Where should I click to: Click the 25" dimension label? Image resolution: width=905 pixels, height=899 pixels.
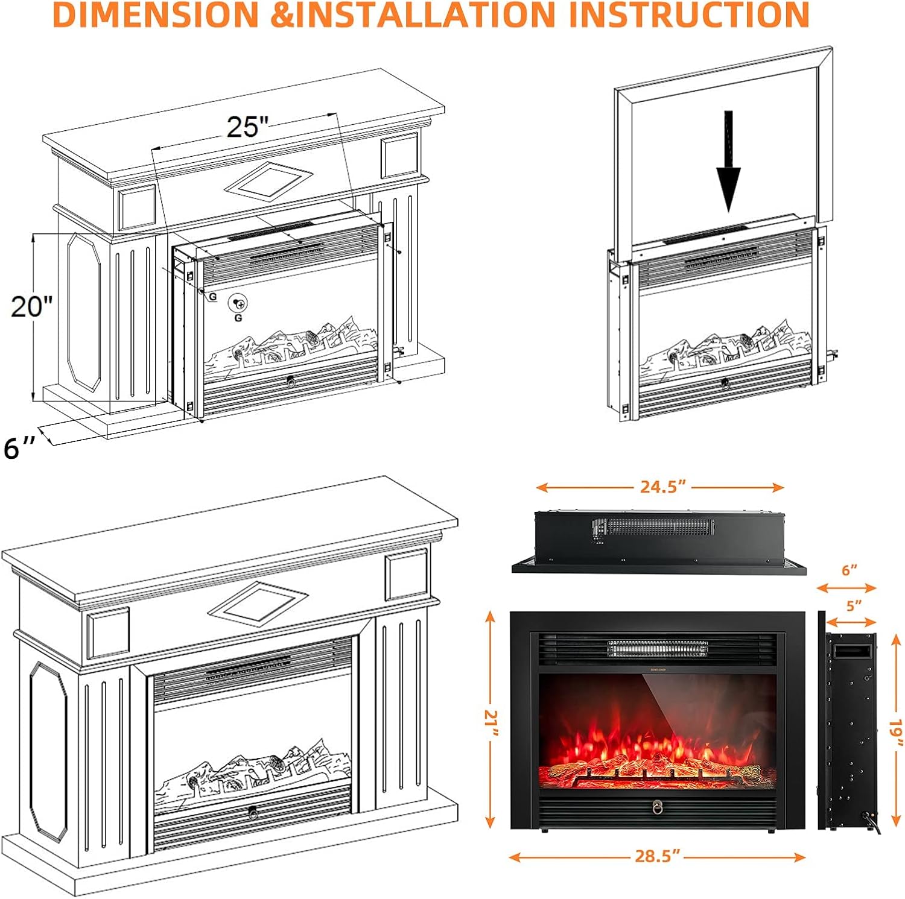tap(247, 127)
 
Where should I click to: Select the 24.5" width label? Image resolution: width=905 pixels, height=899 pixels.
tap(662, 487)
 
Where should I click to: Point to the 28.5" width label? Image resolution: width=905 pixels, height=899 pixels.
tap(657, 856)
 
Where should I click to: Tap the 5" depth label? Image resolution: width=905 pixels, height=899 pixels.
tap(853, 605)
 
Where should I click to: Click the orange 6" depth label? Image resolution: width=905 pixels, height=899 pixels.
tap(849, 570)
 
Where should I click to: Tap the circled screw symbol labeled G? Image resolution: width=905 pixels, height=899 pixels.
tap(239, 303)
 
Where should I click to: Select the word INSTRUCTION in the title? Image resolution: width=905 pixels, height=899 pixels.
tap(688, 14)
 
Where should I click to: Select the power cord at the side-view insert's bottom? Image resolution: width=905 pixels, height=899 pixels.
tap(873, 822)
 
